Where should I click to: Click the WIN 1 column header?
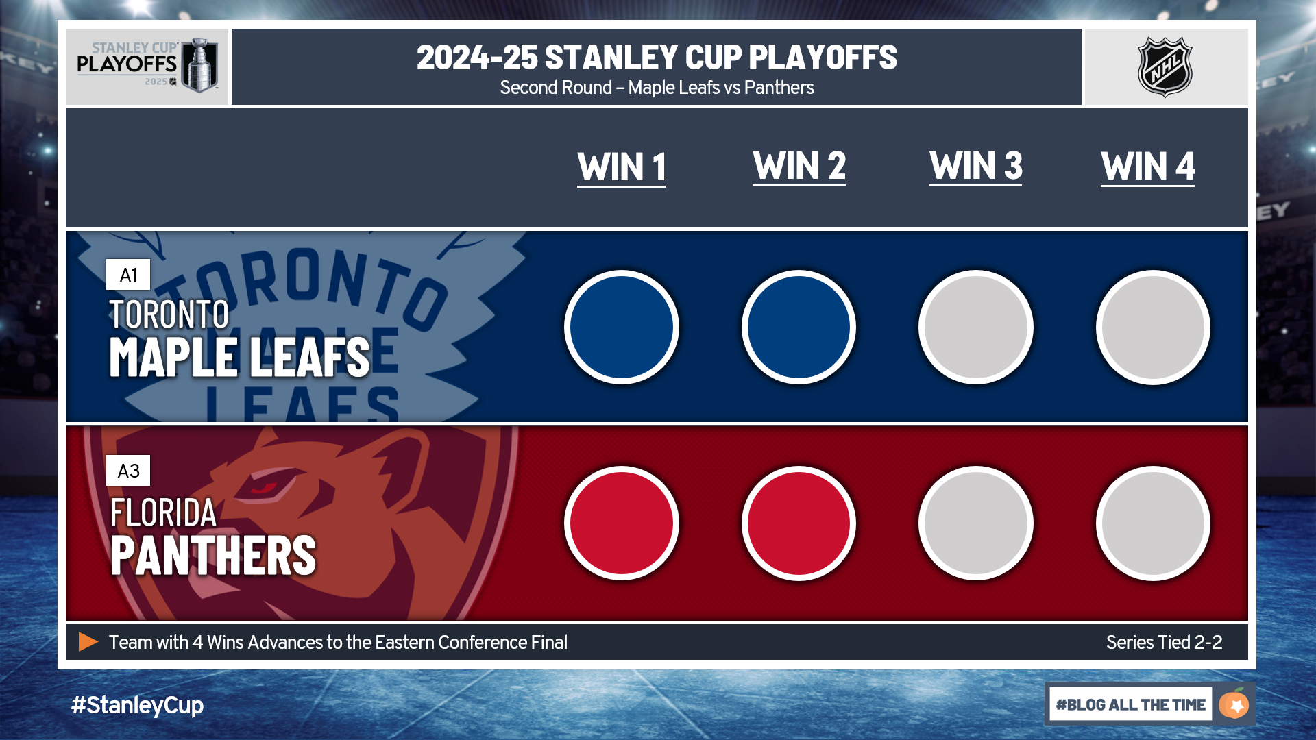(622, 168)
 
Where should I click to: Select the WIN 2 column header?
(799, 166)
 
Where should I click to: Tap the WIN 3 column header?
(976, 166)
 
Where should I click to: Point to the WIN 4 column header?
(1148, 166)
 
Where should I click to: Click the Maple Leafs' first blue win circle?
(622, 328)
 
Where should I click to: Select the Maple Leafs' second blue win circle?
(799, 328)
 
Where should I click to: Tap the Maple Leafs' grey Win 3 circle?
(976, 328)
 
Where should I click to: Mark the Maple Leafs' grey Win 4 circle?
(1153, 328)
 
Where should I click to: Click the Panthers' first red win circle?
(622, 523)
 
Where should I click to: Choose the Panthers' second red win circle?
(799, 523)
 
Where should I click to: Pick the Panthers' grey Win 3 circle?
(976, 523)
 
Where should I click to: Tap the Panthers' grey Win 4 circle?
(1153, 523)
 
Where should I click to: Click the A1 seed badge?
(128, 275)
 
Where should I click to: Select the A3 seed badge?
(128, 471)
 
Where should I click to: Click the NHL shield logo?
(1165, 66)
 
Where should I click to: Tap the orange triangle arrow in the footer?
(88, 642)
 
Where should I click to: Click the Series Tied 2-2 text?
(1164, 643)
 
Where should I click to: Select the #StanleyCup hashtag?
(137, 706)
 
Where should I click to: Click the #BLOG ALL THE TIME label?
(1131, 704)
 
